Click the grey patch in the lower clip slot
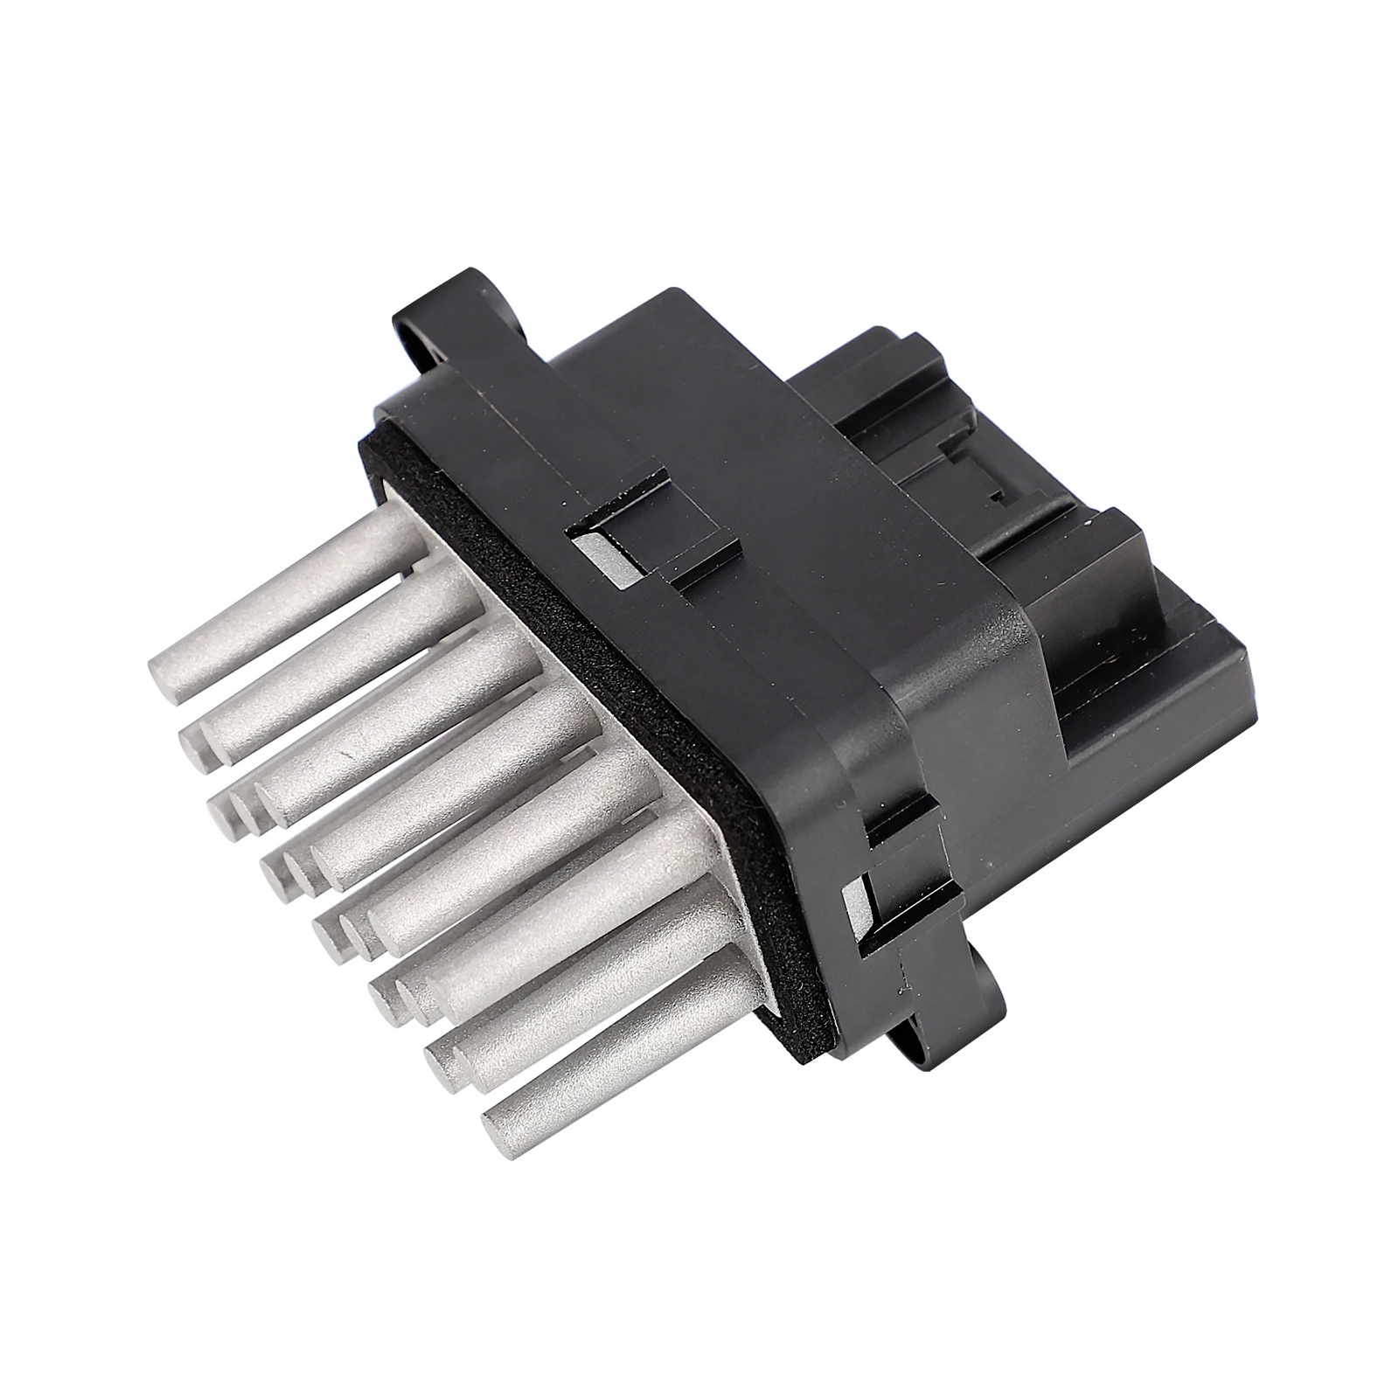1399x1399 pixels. pyautogui.click(x=855, y=905)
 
